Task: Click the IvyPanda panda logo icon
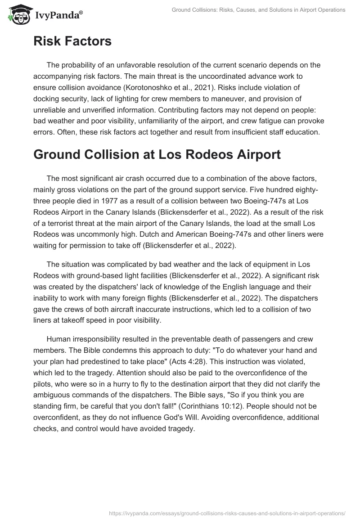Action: [x=17, y=14]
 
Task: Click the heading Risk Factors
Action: [x=72, y=41]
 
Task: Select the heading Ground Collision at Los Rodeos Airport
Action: [x=157, y=154]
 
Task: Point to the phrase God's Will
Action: [x=254, y=417]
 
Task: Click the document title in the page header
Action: [x=259, y=10]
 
